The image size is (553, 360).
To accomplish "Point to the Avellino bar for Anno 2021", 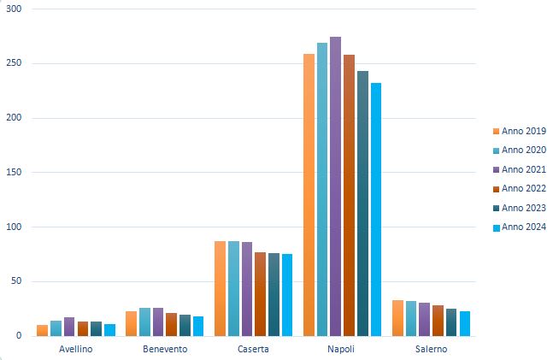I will click(x=69, y=327).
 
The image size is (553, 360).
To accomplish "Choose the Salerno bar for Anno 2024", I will click(x=465, y=323).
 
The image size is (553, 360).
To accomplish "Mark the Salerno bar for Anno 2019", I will click(x=397, y=318).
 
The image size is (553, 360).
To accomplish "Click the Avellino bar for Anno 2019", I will click(x=42, y=330).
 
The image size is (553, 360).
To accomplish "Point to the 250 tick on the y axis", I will click(x=15, y=63).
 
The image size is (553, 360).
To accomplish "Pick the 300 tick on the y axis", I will click(x=15, y=9).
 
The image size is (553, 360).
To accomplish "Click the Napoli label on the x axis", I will click(x=342, y=349).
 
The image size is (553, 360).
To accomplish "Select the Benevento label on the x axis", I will click(x=165, y=349).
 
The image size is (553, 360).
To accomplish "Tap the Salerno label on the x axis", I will click(x=431, y=349).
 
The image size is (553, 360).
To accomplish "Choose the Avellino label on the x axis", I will click(x=76, y=349).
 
